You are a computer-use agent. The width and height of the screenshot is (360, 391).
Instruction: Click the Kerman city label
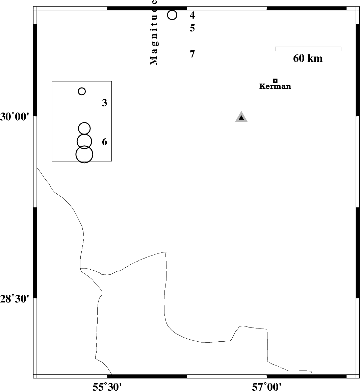[275, 87]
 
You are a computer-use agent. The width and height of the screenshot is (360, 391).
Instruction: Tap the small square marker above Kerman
[275, 80]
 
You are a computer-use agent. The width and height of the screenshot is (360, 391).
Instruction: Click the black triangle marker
[241, 117]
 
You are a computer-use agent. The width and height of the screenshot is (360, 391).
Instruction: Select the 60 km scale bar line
[308, 47]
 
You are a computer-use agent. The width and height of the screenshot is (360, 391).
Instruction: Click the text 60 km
[308, 58]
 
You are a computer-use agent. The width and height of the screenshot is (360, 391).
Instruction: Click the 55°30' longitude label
[107, 386]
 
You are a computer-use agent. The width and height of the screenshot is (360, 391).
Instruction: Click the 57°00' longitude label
[266, 386]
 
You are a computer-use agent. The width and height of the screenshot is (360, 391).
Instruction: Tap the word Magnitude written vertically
[154, 32]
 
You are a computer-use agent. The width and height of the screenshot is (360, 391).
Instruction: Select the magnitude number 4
[192, 15]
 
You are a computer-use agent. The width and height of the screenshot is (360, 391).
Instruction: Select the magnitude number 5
[192, 28]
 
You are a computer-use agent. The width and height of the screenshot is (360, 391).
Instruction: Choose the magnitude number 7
[192, 54]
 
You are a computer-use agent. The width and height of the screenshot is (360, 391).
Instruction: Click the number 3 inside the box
[105, 103]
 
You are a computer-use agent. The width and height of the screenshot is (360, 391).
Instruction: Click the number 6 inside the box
[105, 142]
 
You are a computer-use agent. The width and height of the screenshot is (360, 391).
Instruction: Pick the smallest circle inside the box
[82, 91]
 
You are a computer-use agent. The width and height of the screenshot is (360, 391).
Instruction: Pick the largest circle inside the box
[84, 154]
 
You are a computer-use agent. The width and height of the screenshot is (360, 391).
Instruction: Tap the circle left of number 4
[172, 15]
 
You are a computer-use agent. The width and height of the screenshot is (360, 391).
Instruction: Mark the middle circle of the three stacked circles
[84, 141]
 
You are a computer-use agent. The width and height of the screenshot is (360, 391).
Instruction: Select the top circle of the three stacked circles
[84, 128]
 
